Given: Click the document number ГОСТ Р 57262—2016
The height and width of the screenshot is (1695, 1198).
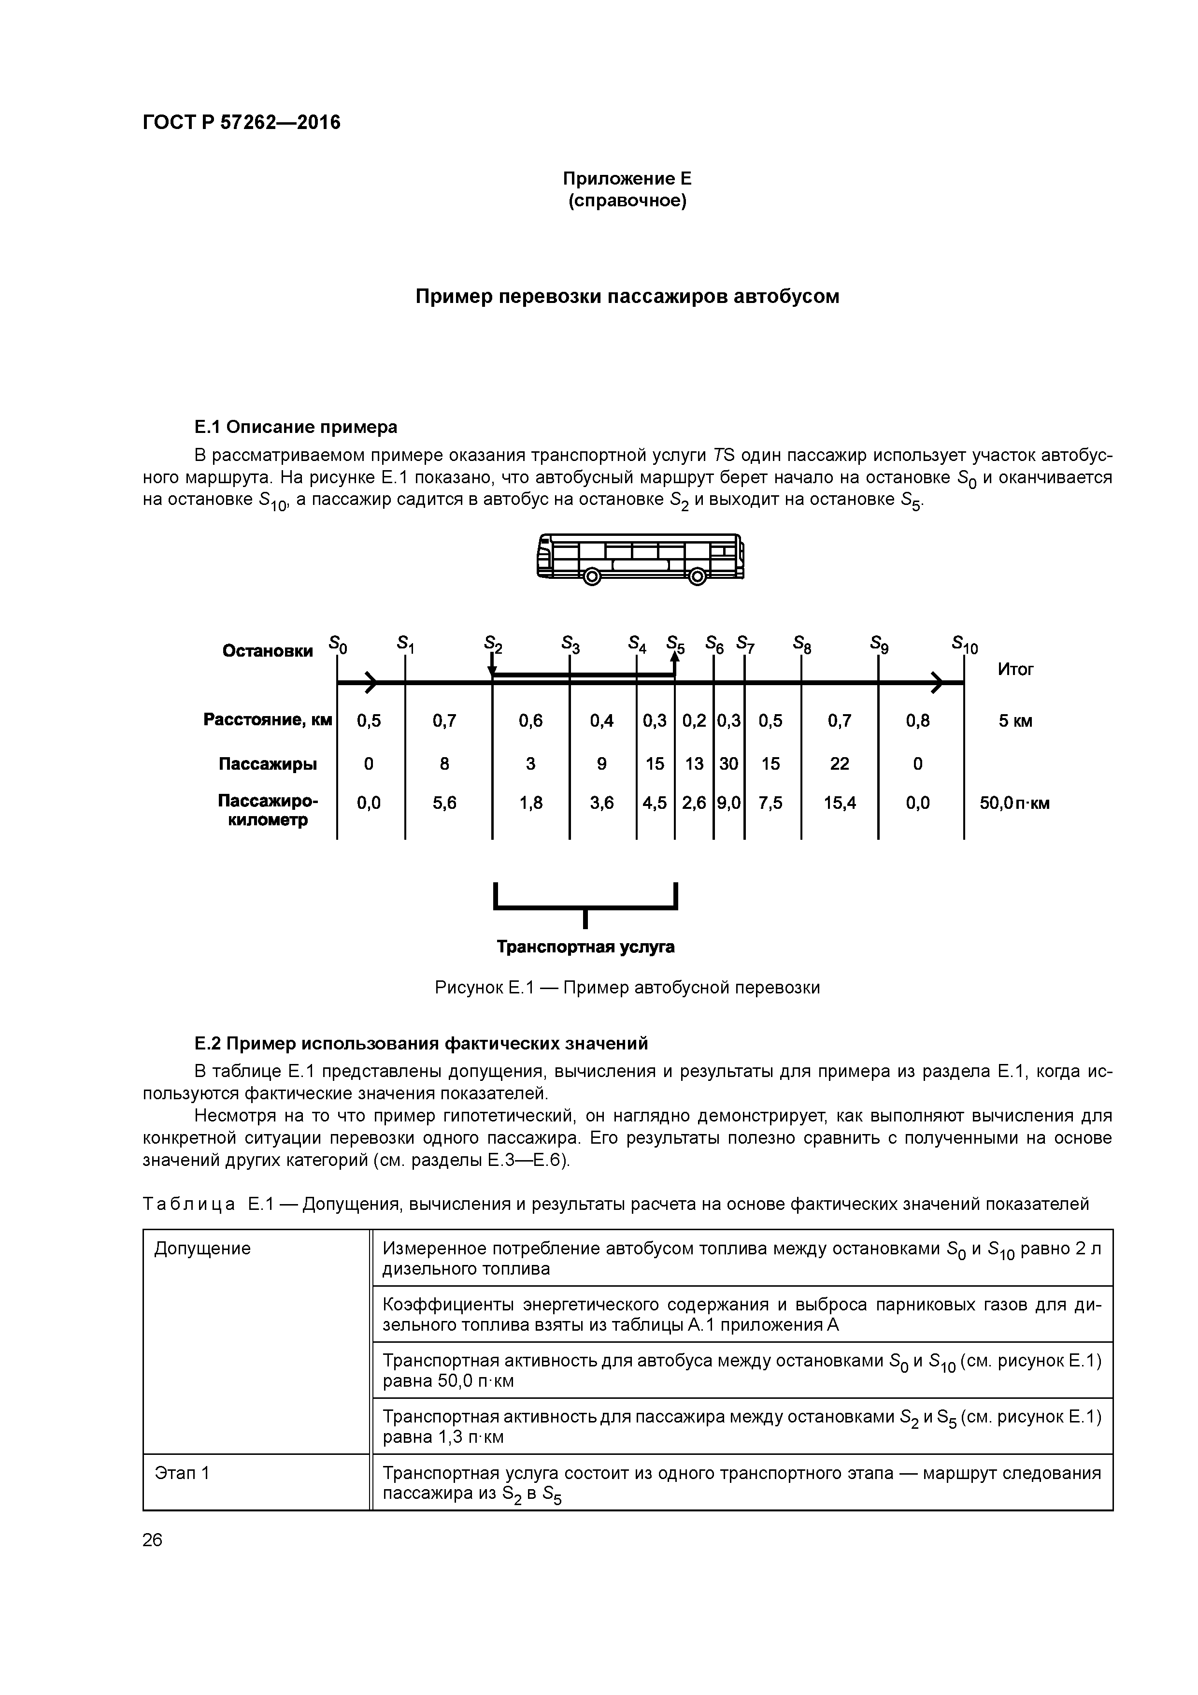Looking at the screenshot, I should [x=242, y=123].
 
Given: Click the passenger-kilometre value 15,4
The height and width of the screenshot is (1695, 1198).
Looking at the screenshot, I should [x=839, y=803].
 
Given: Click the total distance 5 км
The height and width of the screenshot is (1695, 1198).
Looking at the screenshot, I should [x=1015, y=721].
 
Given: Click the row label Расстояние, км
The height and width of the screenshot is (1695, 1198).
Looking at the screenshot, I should [x=267, y=720].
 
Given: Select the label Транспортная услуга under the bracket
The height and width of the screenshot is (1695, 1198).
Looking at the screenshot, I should [x=585, y=947].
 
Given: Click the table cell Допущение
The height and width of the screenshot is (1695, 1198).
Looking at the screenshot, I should [x=202, y=1249].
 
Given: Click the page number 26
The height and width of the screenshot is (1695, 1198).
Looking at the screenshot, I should [x=153, y=1539].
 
